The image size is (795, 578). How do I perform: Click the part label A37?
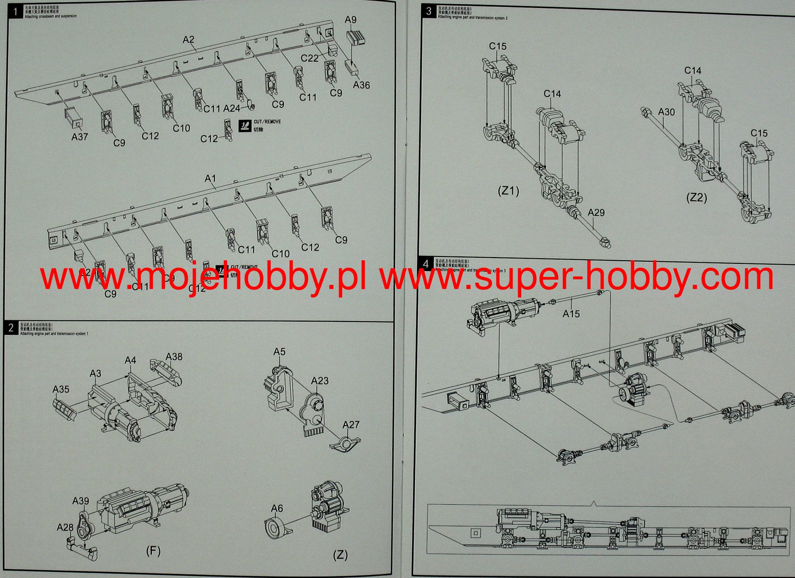pos(80,137)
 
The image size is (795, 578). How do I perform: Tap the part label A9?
pos(350,19)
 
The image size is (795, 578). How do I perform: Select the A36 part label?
pos(361,85)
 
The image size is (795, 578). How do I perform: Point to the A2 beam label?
pos(188,40)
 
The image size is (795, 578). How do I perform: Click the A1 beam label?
pos(210,178)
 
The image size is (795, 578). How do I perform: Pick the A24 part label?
pos(231,108)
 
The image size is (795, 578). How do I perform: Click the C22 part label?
pos(310,58)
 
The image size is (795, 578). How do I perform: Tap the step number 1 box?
pos(15,12)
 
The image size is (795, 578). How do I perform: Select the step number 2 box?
pos(11,328)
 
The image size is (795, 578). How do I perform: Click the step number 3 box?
pos(428,11)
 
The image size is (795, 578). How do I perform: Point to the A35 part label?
pos(61,389)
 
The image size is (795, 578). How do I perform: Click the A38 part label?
pos(174,356)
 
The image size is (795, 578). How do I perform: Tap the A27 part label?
pos(351,425)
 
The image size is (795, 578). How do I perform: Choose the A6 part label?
pos(277,508)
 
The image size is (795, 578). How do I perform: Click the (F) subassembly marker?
pos(153,551)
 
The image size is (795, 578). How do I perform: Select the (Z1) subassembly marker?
pos(508,191)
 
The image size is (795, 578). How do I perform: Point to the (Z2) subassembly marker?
pos(696,198)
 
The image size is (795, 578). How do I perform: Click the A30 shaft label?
pos(666,112)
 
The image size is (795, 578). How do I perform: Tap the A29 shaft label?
pos(596,213)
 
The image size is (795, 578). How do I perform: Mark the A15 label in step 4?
pos(571,313)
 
